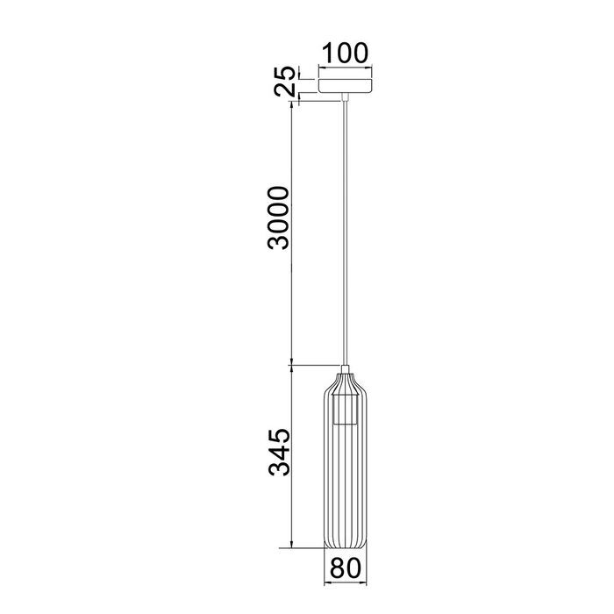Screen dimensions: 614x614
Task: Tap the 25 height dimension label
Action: point(285,81)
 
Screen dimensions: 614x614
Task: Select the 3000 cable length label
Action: point(278,218)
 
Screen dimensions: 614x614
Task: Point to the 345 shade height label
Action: point(278,452)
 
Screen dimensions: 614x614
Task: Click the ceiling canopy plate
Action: point(345,86)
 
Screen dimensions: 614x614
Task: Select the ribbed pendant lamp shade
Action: point(345,461)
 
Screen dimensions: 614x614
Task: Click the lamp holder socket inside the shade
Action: point(345,411)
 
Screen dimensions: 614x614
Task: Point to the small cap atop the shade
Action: point(345,369)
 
